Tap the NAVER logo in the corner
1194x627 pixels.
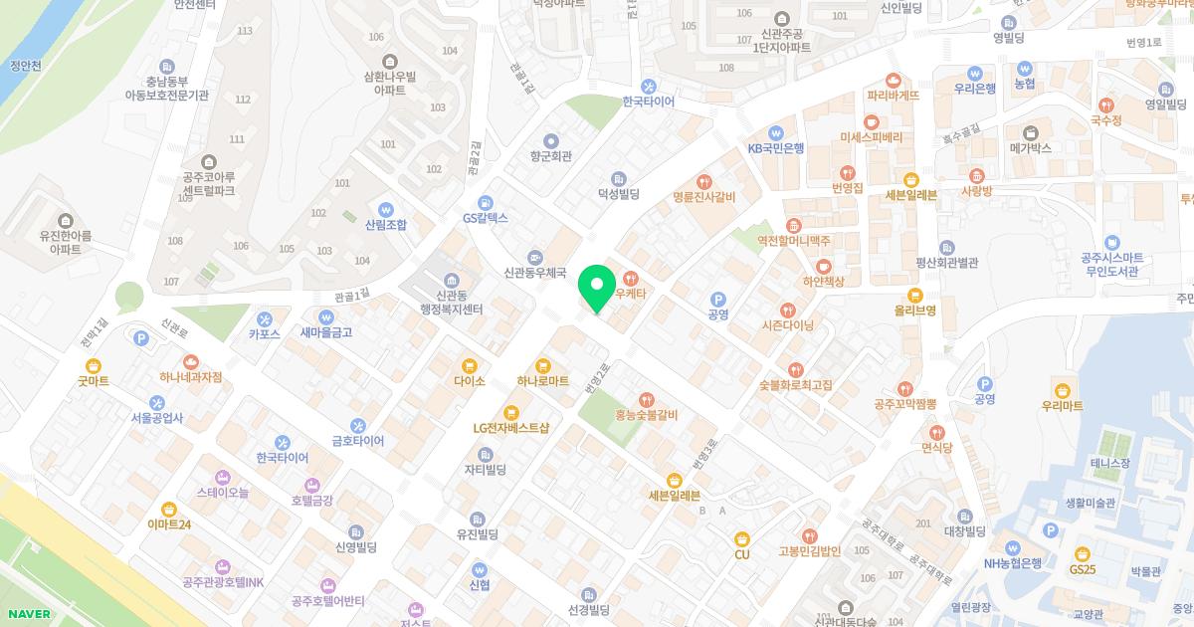(x=27, y=614)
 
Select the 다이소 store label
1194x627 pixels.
(x=468, y=380)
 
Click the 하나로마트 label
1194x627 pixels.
(x=542, y=380)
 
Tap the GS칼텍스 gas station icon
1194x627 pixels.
(x=485, y=202)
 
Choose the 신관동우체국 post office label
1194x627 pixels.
(x=535, y=271)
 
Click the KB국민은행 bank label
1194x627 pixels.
(x=776, y=147)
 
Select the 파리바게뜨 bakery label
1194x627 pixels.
(x=893, y=96)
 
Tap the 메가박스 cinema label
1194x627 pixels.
(x=1030, y=147)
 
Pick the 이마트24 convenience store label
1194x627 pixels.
(x=168, y=523)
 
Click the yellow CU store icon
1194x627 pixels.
(x=741, y=539)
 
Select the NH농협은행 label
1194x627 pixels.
(x=1012, y=562)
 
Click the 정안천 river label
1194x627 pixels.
(x=25, y=66)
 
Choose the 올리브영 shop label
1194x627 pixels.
(x=914, y=310)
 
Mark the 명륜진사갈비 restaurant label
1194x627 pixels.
(x=703, y=196)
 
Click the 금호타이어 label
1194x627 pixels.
(x=357, y=440)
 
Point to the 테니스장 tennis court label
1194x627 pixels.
(x=1109, y=463)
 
